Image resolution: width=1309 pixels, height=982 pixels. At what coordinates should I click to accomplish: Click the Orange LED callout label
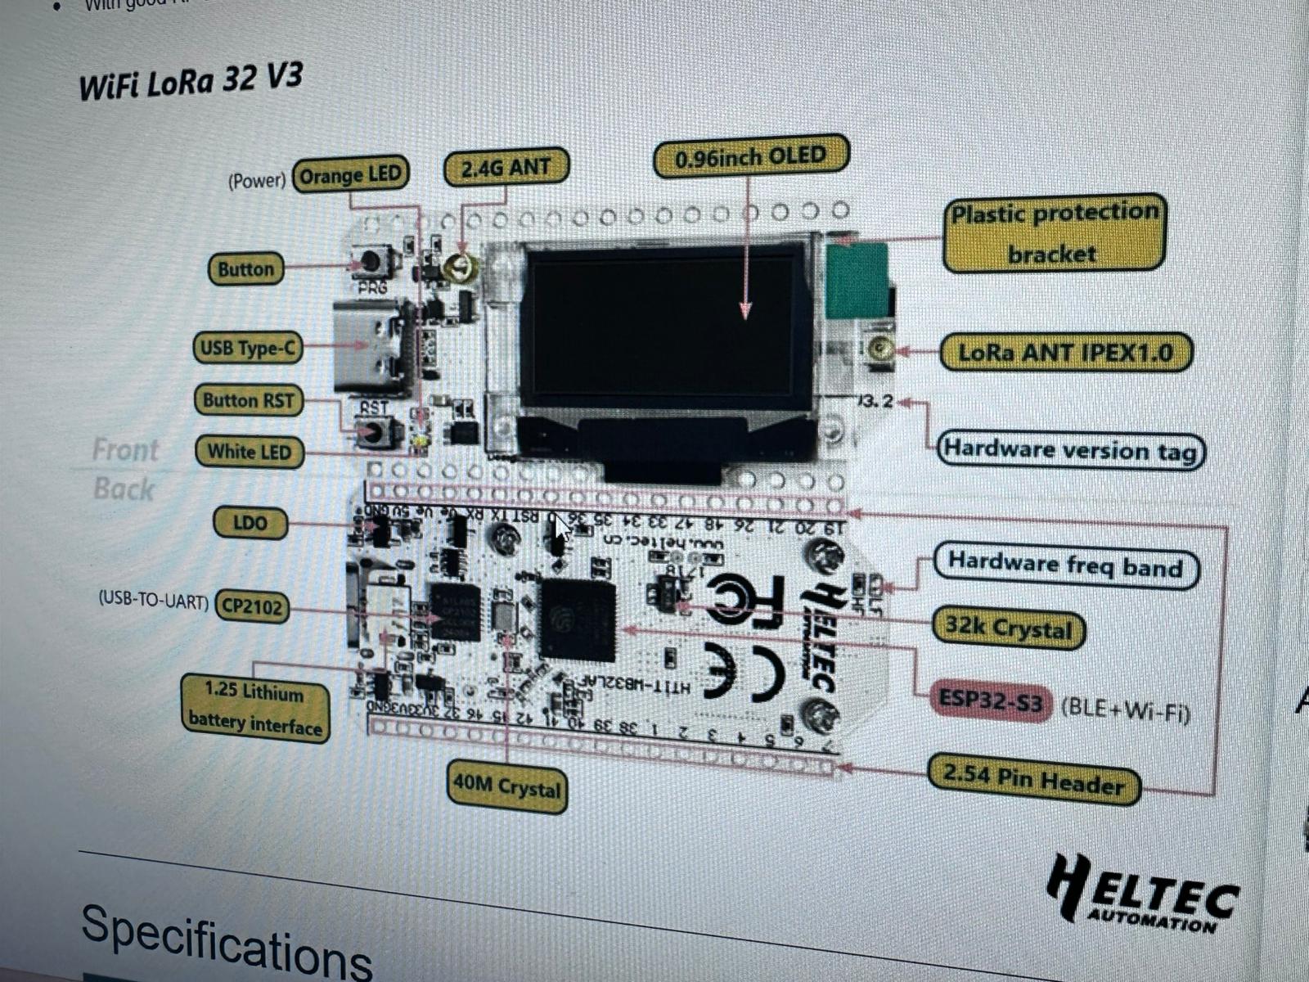point(351,174)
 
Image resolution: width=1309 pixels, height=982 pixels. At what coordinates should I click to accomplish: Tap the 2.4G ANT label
point(506,168)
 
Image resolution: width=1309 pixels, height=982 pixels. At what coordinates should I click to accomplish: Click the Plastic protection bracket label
point(1054,233)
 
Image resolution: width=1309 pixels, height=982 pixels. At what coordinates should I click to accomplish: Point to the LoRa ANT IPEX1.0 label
point(1065,353)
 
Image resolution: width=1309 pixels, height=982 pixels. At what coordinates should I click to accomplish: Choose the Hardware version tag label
point(1070,450)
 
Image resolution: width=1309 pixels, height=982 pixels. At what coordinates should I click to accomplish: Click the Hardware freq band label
point(1065,565)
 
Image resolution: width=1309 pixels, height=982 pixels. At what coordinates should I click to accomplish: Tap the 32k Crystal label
point(1008,628)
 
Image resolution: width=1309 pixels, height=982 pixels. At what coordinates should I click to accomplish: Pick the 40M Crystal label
point(507,787)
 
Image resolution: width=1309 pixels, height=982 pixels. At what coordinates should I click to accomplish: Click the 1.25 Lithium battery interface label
point(255,708)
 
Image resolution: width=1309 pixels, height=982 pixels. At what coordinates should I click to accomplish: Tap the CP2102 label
point(252,607)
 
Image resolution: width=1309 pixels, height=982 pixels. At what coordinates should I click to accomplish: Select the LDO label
point(250,522)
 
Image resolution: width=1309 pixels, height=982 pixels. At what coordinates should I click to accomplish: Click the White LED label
point(249,451)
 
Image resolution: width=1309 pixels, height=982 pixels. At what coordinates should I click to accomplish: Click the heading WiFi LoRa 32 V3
point(191,82)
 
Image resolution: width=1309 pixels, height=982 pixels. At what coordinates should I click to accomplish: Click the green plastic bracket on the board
point(857,279)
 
